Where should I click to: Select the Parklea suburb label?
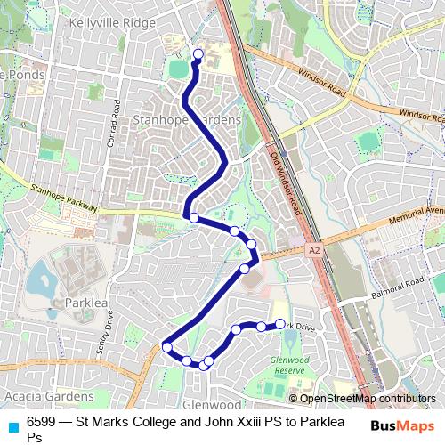point(86,303)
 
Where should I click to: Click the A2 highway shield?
point(313,252)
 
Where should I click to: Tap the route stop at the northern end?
point(198,54)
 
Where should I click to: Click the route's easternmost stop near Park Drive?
point(280,324)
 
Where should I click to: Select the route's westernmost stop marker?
point(166,347)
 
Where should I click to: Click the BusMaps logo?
point(399,425)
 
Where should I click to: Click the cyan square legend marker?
point(13,425)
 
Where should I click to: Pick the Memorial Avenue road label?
point(415,213)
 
